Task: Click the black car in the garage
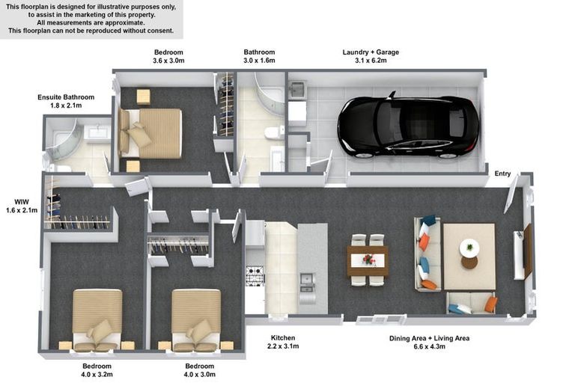point(408,127)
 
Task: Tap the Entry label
point(502,174)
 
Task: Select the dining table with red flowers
point(368,261)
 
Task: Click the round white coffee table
point(469,248)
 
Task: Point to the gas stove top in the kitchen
point(255,275)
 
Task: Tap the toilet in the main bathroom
point(274,133)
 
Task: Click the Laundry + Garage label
point(371,52)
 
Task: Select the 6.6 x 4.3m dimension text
point(430,346)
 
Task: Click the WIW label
point(22,202)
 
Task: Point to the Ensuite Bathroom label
point(66,97)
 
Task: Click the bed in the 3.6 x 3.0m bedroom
point(150,134)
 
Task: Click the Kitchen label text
point(283,338)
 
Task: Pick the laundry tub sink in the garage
point(297,91)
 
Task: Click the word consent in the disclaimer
point(159,31)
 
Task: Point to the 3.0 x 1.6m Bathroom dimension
point(259,61)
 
